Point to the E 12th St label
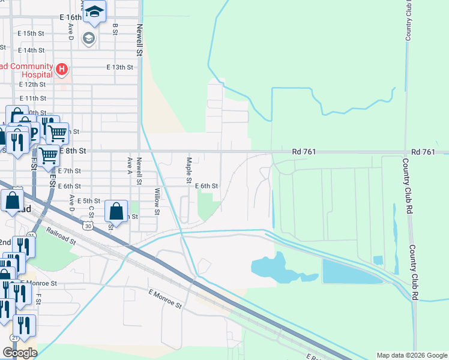31,85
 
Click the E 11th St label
32,98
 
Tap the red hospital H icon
61,70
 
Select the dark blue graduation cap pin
94,11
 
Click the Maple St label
188,170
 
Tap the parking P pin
34,133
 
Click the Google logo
20,352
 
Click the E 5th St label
88,201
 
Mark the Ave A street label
130,163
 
